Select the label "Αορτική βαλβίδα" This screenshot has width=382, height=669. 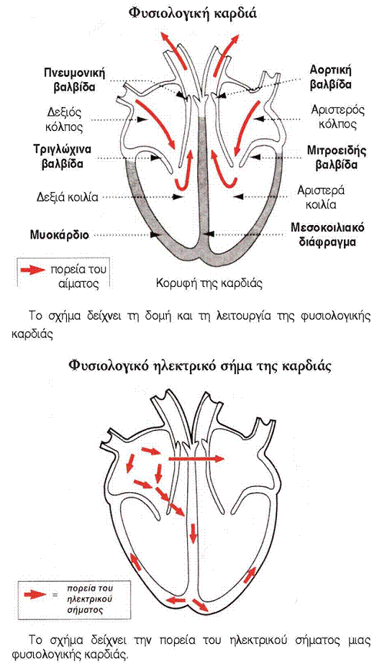pyautogui.click(x=330, y=76)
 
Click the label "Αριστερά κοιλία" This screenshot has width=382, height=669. pyautogui.click(x=322, y=196)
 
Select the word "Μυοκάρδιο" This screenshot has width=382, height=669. pyautogui.click(x=58, y=235)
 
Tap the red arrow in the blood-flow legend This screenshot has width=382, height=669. pyautogui.click(x=32, y=270)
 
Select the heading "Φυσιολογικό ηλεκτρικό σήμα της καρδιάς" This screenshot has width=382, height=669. pyautogui.click(x=199, y=365)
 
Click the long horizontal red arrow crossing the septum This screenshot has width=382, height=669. pyautogui.click(x=196, y=459)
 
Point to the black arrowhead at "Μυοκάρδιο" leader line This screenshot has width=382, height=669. pyautogui.click(x=155, y=235)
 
